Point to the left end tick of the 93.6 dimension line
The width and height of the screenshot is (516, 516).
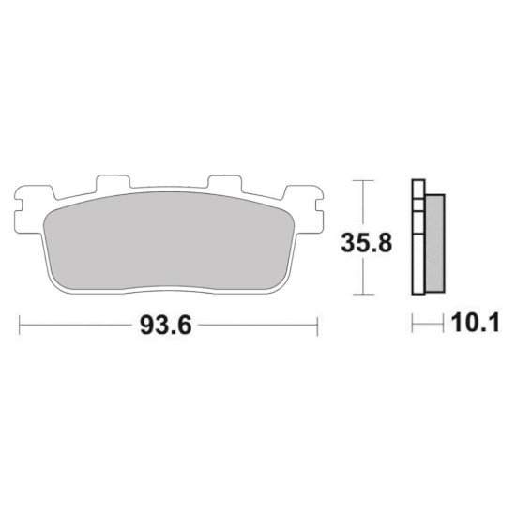tap(20, 326)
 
